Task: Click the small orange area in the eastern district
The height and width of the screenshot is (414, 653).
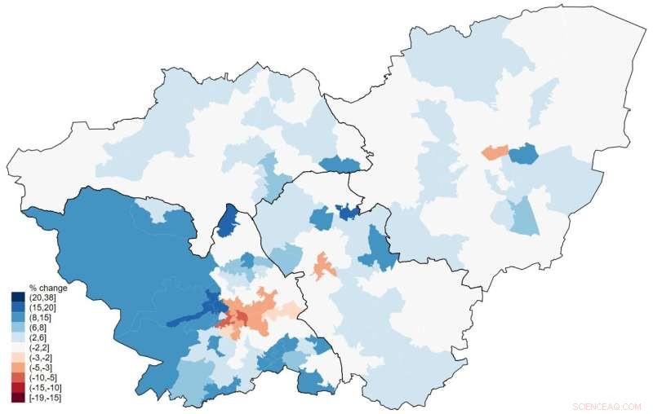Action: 493,152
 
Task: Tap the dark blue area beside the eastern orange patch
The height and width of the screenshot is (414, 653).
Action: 523,154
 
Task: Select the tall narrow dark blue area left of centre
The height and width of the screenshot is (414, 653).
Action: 229,222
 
